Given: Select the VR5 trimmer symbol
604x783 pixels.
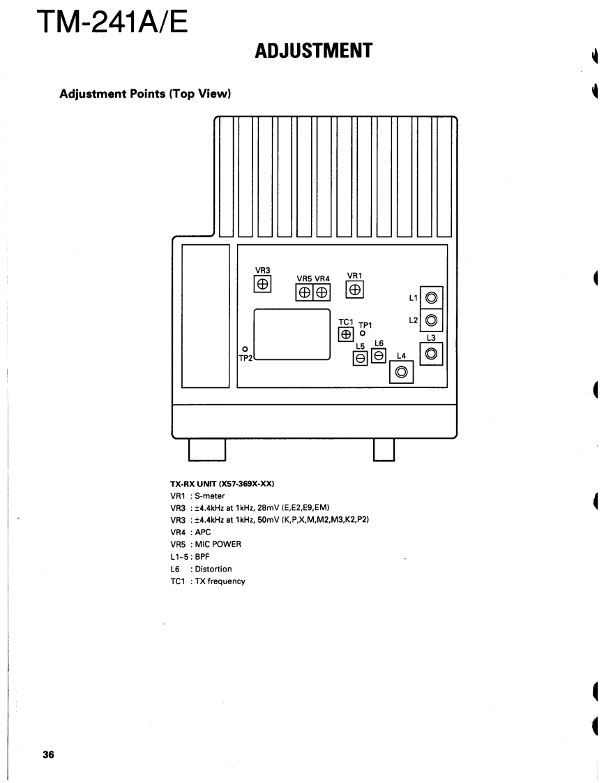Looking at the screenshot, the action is coord(305,293).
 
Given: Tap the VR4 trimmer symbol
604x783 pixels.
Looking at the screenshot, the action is coord(322,293).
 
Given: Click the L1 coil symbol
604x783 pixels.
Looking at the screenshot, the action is coord(431,298).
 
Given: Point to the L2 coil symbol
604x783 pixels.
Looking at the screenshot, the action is coord(431,320).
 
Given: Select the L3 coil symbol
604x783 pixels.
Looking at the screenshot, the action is coord(431,354).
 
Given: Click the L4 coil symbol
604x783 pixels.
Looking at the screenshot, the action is coord(401,372).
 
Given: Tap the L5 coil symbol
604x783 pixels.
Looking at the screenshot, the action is coord(361,358).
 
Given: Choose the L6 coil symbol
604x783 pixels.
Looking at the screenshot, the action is coord(379,355).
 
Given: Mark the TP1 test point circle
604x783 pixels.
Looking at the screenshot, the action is coord(363,334).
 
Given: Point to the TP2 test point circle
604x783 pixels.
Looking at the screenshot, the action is coord(245,348).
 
